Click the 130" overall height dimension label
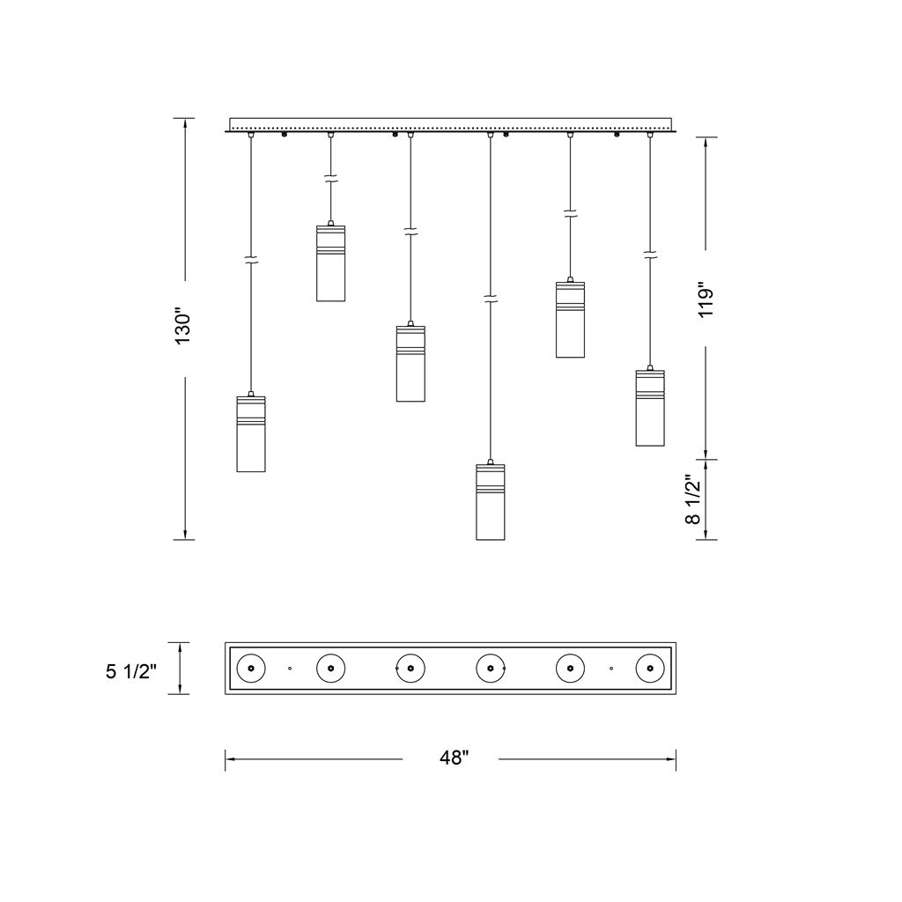click(183, 329)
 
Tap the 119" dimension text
click(706, 299)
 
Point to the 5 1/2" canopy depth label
click(131, 670)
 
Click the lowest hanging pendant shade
click(490, 501)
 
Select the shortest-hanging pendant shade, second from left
click(331, 262)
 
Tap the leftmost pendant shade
click(251, 433)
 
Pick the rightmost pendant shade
click(650, 408)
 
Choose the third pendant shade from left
click(410, 364)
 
